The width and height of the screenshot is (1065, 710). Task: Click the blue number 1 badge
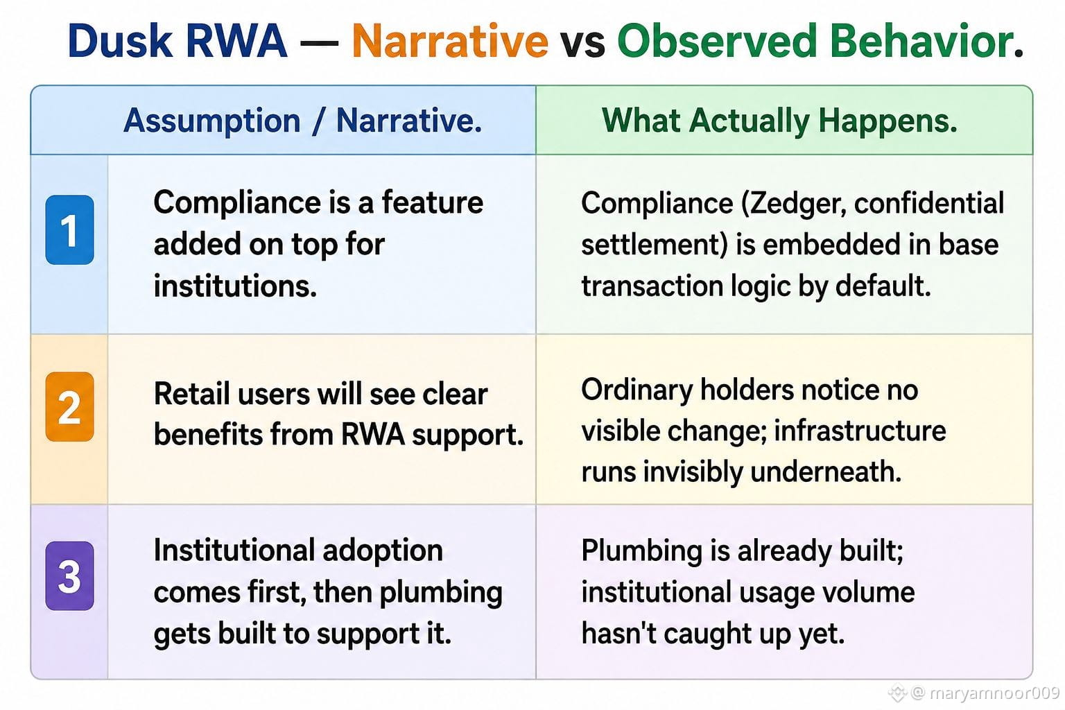point(69,230)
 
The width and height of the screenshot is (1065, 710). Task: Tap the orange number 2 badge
point(69,406)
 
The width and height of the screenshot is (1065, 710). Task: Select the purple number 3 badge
point(69,575)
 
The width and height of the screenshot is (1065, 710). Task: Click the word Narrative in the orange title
point(450,41)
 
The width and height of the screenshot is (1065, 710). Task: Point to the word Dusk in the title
point(120,41)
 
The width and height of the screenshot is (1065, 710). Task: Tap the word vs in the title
point(582,44)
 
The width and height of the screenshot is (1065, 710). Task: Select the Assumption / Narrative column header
point(302,121)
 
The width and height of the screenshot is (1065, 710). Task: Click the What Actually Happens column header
point(779,121)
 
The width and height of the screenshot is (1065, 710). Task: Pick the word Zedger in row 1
point(793,204)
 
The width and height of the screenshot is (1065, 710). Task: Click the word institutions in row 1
point(235,286)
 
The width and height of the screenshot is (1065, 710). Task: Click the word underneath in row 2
point(826,471)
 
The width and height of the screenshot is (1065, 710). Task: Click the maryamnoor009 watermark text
point(994,693)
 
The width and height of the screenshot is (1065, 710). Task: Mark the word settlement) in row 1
point(655,245)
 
